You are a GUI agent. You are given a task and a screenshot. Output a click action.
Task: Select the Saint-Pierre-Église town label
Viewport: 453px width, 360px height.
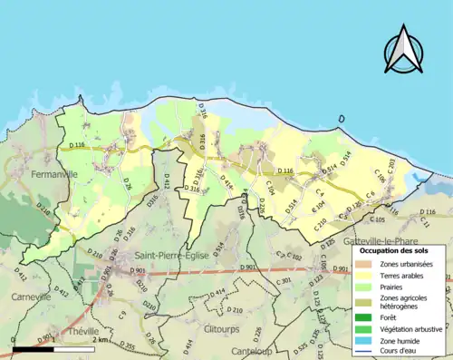pos(172,256)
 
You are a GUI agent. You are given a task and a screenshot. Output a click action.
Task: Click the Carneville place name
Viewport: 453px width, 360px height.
pos(31,297)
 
